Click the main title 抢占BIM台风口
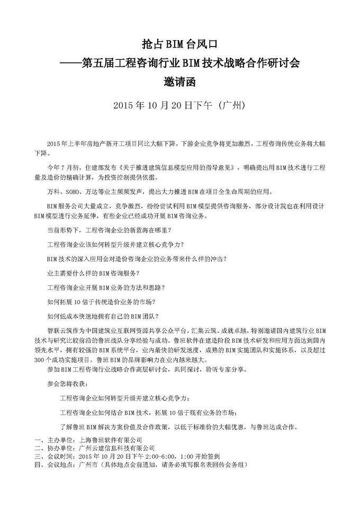tap(180, 44)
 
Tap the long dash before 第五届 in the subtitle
tap(70, 63)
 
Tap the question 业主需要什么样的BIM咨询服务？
tap(94, 273)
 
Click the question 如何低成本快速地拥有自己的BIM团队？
tap(101, 316)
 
